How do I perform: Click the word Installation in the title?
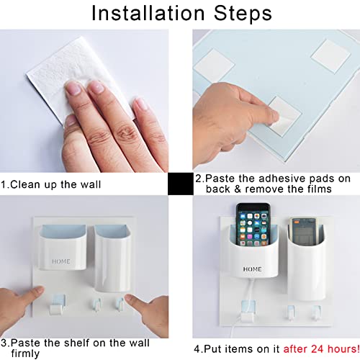(148, 13)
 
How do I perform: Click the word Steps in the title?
(243, 14)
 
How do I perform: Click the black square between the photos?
(181, 184)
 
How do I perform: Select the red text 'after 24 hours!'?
(321, 348)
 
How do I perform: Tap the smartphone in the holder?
(253, 225)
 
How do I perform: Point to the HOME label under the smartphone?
(252, 269)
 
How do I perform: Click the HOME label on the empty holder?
(61, 261)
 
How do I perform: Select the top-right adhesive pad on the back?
(330, 56)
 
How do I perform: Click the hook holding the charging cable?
(248, 312)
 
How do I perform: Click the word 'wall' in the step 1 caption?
(91, 184)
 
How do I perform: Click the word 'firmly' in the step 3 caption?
(25, 354)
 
